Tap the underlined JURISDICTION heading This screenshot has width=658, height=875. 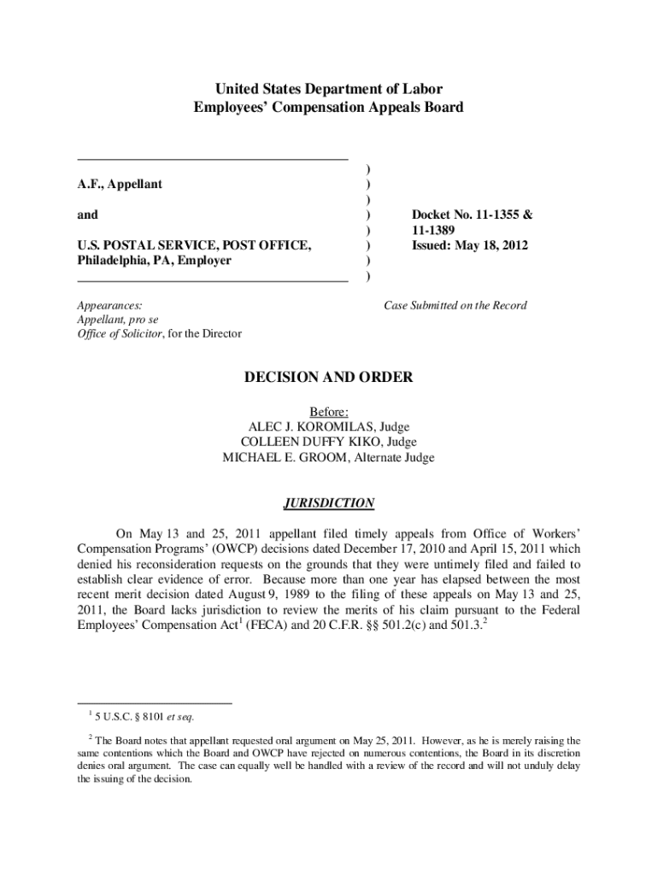329,502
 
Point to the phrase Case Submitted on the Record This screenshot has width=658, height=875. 455,305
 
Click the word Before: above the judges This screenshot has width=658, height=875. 329,411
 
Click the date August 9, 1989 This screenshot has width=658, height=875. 244,591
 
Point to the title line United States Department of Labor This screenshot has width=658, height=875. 329,89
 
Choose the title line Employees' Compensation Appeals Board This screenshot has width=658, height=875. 329,107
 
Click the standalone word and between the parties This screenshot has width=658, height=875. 87,214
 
